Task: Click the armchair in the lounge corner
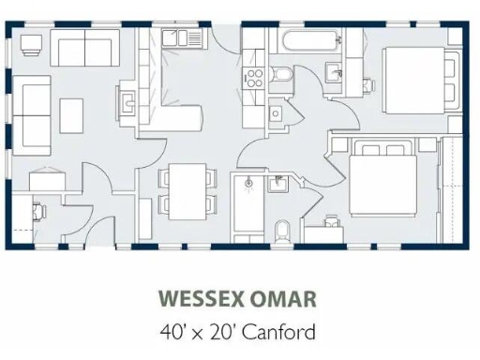pos(32,44)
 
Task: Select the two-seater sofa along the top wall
pos(83,47)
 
